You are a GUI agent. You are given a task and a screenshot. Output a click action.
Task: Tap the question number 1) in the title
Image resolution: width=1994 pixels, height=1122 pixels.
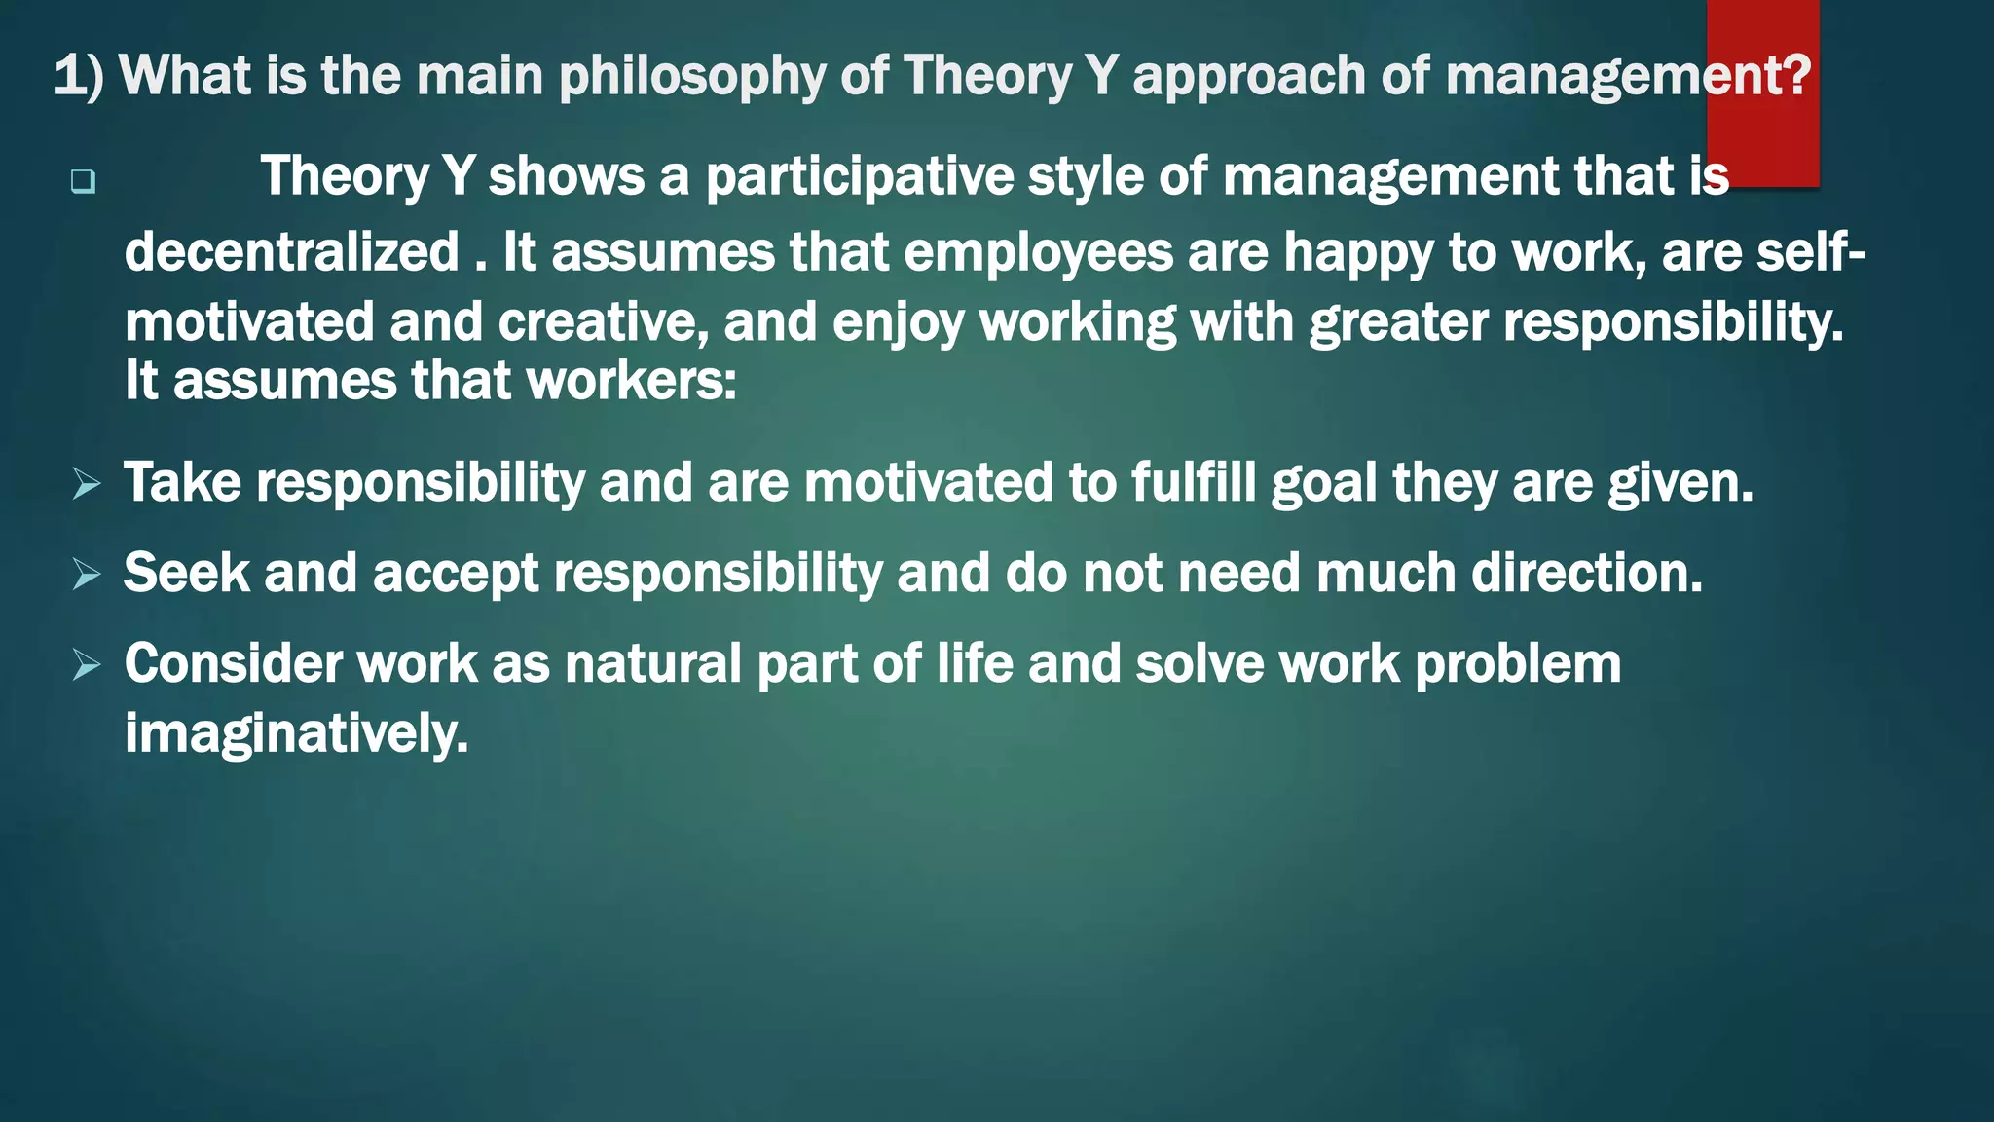[x=78, y=76]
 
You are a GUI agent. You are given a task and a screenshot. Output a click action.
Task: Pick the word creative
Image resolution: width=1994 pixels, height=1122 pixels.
[x=603, y=322]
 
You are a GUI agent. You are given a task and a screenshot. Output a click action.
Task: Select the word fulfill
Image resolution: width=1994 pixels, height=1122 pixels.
[x=1193, y=482]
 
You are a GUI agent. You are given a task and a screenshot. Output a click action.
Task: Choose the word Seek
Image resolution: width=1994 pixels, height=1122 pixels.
[x=186, y=573]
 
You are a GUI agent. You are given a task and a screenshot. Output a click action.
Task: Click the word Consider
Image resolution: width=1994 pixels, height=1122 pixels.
[x=233, y=663]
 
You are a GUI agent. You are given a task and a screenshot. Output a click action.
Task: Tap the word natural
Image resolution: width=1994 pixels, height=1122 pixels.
[x=653, y=663]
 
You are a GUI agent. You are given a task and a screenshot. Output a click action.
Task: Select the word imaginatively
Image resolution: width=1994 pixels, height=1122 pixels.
[x=296, y=734]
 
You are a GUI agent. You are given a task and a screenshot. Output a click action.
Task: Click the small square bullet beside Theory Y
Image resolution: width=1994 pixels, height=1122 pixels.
[x=83, y=181]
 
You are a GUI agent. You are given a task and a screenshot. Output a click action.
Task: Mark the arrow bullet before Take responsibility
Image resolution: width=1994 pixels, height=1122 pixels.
[x=87, y=483]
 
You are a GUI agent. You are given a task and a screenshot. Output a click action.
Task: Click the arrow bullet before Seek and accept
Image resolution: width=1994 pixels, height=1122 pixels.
[x=87, y=574]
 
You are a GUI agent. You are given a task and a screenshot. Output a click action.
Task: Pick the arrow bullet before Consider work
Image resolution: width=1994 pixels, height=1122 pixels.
[x=87, y=665]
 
